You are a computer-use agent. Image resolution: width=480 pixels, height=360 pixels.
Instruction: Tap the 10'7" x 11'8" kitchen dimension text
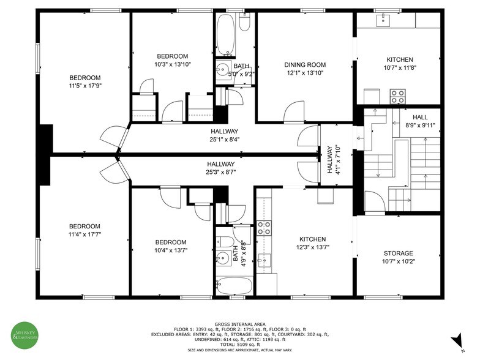click(x=399, y=67)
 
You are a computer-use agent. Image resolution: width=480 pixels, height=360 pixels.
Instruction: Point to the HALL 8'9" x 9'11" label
click(x=420, y=121)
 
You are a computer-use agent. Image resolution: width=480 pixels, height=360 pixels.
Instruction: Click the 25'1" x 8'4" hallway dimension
click(x=224, y=140)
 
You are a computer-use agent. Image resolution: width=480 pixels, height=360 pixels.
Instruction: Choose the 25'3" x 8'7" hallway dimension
click(x=220, y=172)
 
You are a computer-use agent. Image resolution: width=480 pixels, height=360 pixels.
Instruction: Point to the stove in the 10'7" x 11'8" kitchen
click(x=398, y=96)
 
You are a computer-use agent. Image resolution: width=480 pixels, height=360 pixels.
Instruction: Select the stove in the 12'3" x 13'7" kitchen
click(x=264, y=228)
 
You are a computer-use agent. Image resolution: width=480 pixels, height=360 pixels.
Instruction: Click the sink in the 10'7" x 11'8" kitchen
click(x=384, y=20)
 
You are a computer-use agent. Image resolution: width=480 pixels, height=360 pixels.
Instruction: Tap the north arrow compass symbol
click(x=456, y=340)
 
